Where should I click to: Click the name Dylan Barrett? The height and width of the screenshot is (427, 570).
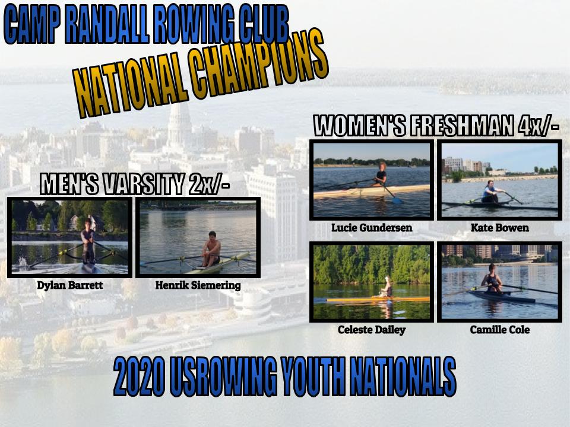click(69, 285)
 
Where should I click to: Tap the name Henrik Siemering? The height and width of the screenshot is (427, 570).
click(198, 285)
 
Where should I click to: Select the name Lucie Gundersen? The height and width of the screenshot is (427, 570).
click(372, 228)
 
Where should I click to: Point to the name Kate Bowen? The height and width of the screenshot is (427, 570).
click(499, 228)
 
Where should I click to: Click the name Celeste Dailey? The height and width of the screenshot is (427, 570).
click(372, 330)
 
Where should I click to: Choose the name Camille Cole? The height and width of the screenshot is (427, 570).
click(499, 330)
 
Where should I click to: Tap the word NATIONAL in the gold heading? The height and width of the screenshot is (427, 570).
click(126, 89)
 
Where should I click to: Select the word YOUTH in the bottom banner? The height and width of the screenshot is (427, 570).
click(313, 377)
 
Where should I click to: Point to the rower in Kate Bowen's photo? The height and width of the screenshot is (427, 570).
click(491, 193)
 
